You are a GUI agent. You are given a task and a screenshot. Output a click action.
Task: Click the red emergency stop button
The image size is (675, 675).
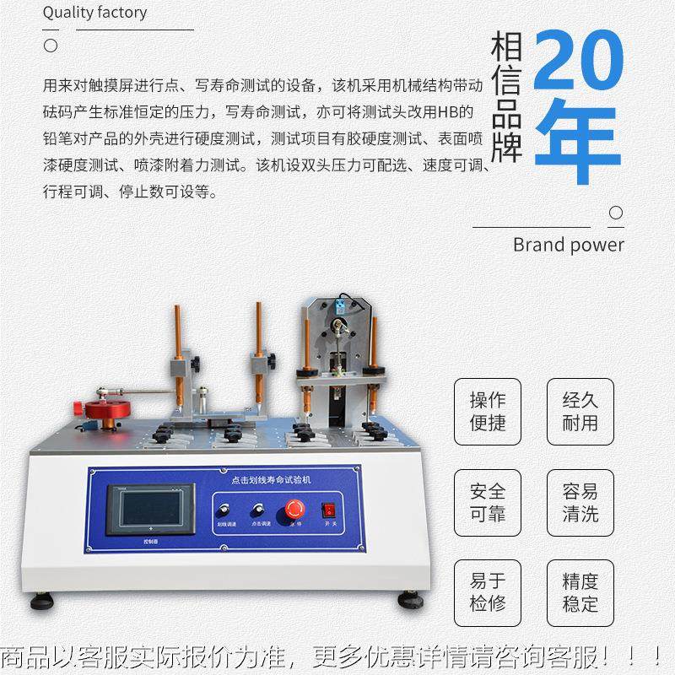pos(295,508)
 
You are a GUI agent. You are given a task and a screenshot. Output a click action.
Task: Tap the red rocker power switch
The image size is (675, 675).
pos(329,510)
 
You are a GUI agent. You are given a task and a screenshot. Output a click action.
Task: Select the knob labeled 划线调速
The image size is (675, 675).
pos(225,510)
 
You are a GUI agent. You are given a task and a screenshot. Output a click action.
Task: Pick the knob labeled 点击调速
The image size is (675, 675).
pos(256,510)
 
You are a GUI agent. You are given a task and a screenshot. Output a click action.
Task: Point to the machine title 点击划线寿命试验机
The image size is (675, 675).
pos(265,478)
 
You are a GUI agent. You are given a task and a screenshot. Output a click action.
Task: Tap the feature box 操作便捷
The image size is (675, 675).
pos(488,411)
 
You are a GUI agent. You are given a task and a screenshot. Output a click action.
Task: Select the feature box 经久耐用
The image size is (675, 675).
pos(580,411)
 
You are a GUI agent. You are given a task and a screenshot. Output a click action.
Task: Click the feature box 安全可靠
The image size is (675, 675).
pos(488,502)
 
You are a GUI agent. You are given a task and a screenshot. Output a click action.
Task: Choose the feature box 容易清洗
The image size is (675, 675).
pos(580,502)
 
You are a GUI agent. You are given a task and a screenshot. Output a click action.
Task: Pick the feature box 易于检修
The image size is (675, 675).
pos(488,592)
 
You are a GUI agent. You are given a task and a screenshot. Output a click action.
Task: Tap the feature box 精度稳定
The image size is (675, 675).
pos(580,592)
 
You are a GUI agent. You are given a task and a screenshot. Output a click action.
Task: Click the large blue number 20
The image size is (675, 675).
pos(580,62)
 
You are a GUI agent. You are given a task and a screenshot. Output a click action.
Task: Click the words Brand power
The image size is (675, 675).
pos(568,245)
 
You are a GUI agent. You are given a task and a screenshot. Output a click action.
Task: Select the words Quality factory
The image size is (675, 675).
pos(94,12)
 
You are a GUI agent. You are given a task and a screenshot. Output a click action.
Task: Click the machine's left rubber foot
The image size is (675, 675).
pos(41,602)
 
